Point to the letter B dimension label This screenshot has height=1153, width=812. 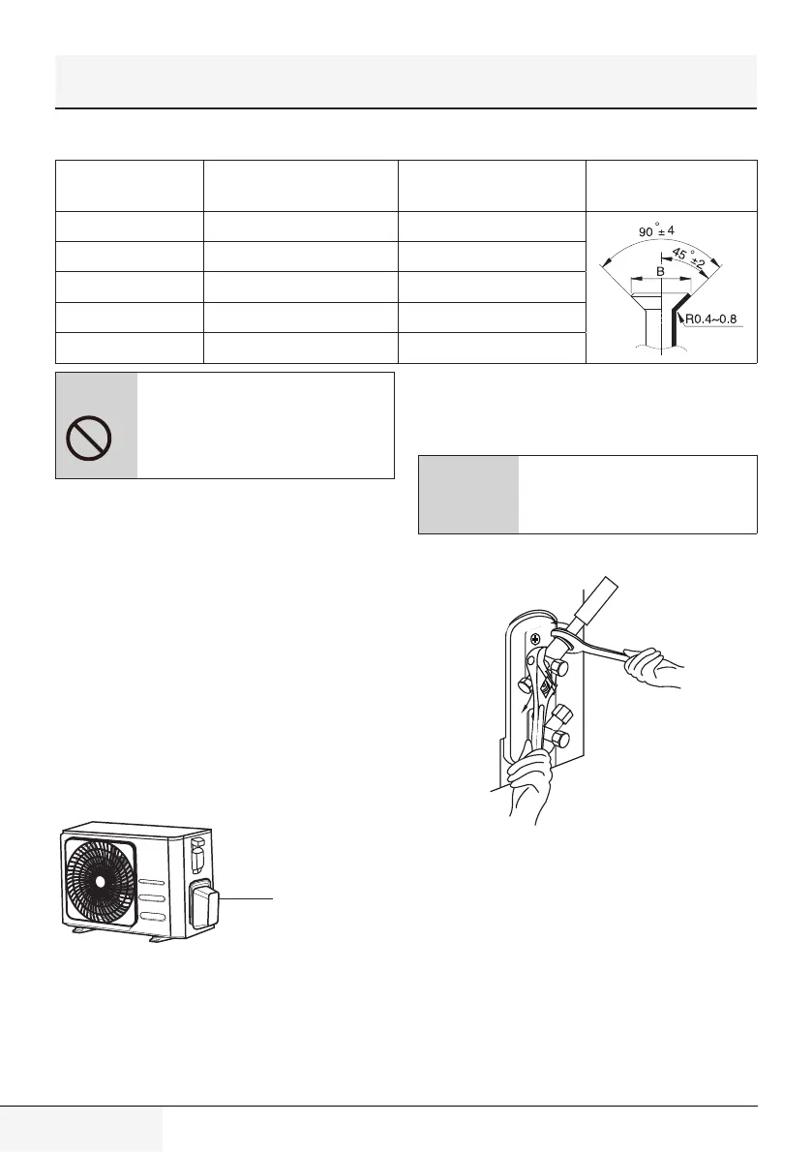pos(660,273)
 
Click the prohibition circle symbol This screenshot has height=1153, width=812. pos(88,443)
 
